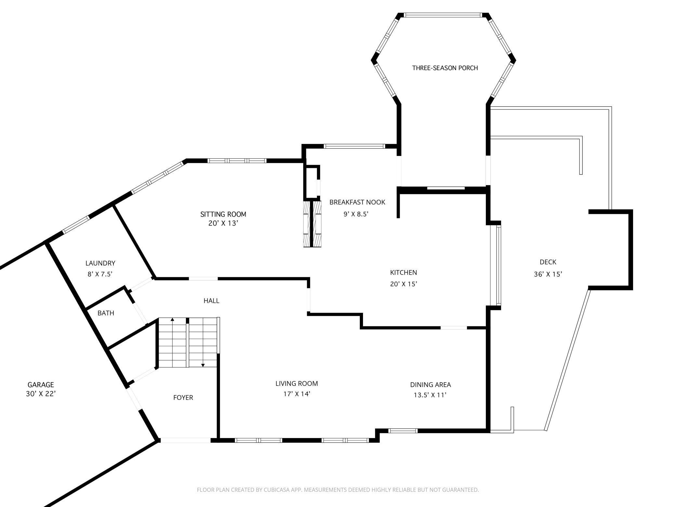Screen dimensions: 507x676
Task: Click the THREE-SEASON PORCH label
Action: click(x=445, y=68)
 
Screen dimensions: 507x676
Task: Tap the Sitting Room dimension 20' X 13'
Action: click(x=223, y=223)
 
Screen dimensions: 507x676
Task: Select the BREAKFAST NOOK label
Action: click(x=357, y=202)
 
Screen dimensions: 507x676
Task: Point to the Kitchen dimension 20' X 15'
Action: click(x=403, y=284)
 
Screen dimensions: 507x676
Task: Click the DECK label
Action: click(x=548, y=262)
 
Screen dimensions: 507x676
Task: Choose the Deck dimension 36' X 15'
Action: click(x=548, y=274)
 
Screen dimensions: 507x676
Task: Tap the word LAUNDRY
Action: click(x=100, y=263)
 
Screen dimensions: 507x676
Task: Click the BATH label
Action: click(x=106, y=313)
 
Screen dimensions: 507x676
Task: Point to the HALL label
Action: click(x=211, y=301)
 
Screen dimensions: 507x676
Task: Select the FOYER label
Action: click(x=183, y=397)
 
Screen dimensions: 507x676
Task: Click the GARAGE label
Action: click(x=41, y=385)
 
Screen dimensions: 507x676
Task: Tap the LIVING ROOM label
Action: click(x=296, y=383)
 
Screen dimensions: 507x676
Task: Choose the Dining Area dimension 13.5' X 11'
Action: click(x=430, y=395)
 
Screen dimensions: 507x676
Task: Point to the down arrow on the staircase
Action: click(x=203, y=365)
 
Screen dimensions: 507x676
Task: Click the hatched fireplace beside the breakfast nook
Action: click(x=312, y=224)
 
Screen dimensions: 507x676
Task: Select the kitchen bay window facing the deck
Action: click(x=498, y=265)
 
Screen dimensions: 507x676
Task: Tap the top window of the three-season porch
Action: click(x=443, y=15)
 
